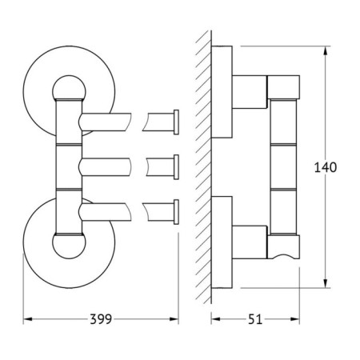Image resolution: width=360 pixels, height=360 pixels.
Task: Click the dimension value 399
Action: point(101,319)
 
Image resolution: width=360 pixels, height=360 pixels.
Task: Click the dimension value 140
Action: point(326,167)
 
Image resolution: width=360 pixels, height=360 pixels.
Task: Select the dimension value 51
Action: point(255,319)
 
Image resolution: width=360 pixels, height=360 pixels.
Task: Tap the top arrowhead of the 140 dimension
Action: point(326,50)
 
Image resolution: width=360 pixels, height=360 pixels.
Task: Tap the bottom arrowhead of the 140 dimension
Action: point(326,283)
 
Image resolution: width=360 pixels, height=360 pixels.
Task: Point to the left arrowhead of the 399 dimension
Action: point(28,319)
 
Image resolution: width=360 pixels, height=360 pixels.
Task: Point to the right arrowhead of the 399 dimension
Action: point(174,319)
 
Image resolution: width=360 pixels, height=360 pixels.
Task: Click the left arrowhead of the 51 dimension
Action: point(215,319)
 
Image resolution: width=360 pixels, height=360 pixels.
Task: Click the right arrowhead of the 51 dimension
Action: point(295,319)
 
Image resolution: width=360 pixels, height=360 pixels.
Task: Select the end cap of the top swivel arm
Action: point(176,122)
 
